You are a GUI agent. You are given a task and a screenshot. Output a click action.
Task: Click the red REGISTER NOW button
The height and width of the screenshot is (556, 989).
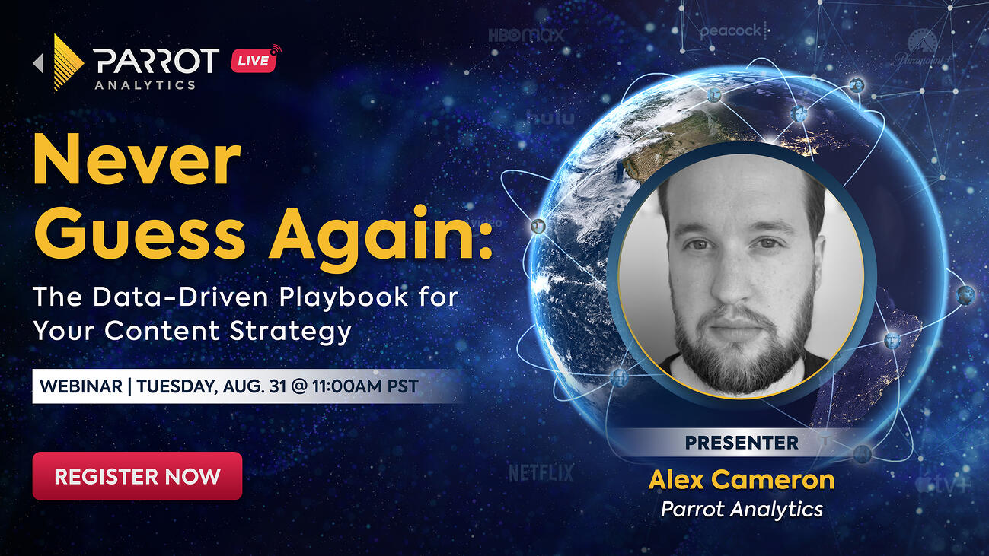click(x=137, y=476)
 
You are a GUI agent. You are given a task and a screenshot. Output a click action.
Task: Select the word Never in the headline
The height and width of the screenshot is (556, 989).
click(x=137, y=163)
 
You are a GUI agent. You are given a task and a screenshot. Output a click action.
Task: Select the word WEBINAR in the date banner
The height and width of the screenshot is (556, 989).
click(x=81, y=386)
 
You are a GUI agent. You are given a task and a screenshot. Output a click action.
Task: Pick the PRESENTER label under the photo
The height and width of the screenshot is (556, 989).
click(x=742, y=442)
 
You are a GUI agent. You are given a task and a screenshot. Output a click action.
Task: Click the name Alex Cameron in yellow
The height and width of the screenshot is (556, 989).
click(x=742, y=480)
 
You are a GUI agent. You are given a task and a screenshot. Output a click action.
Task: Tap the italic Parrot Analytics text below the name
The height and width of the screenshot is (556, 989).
click(x=742, y=509)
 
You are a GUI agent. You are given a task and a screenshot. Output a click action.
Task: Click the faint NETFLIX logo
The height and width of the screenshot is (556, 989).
click(x=541, y=473)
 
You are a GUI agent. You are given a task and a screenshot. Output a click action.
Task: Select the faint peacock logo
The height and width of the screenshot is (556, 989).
click(x=730, y=31)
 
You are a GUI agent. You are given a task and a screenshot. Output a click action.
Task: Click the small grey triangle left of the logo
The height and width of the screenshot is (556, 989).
click(x=38, y=63)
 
